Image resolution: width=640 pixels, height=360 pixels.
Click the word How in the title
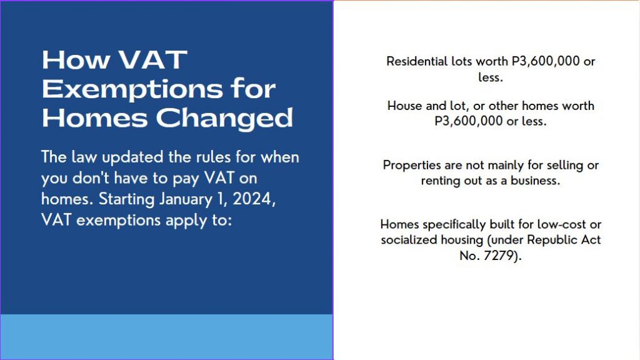point(76,60)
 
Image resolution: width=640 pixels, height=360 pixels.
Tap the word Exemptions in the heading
point(132,90)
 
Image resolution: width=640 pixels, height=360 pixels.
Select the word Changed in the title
point(224,119)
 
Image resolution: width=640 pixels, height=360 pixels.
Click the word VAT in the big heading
point(153,60)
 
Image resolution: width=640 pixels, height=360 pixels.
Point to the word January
point(186,199)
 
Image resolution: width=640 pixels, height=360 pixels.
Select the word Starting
point(126,199)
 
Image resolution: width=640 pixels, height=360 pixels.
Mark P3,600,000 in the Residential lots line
point(546,61)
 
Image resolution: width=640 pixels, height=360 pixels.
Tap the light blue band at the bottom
point(166,337)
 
